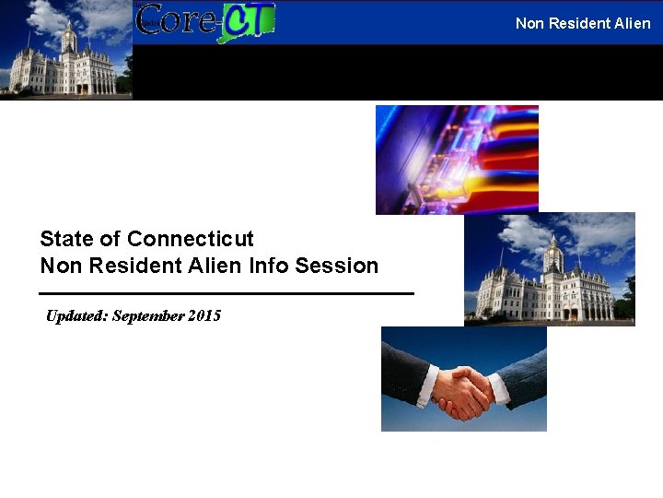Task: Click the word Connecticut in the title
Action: tap(191, 239)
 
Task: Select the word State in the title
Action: tap(66, 239)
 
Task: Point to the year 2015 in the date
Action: tap(204, 315)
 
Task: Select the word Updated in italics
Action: tap(76, 315)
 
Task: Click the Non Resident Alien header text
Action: tap(582, 23)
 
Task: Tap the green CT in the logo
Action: tap(246, 21)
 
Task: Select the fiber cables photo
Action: tap(457, 159)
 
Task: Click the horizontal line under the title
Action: tap(227, 293)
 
